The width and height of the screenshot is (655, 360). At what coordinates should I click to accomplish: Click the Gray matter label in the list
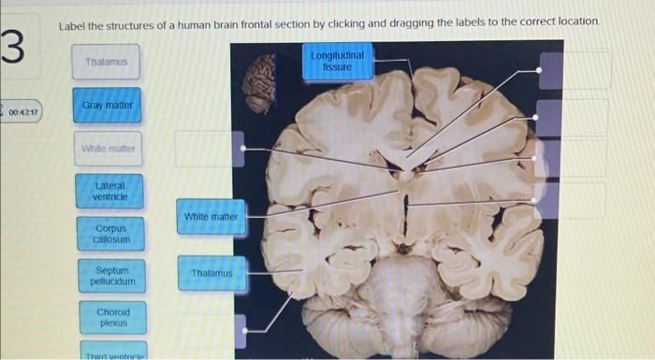[107, 106]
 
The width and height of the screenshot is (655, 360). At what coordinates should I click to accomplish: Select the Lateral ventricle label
[110, 190]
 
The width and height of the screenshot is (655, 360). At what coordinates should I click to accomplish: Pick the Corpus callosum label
[110, 234]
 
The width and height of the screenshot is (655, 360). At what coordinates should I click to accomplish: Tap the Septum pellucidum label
[110, 276]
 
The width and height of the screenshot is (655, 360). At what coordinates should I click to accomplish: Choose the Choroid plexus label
[110, 318]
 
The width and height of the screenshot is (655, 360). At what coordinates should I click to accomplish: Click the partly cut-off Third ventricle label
[110, 353]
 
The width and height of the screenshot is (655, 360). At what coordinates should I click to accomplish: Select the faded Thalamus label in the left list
[106, 62]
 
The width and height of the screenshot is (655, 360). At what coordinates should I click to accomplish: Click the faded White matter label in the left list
[109, 148]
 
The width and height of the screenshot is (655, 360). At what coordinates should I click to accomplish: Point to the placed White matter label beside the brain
[211, 217]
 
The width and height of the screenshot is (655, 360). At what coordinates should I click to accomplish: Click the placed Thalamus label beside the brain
[211, 273]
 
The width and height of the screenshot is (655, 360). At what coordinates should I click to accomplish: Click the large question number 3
[13, 46]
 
